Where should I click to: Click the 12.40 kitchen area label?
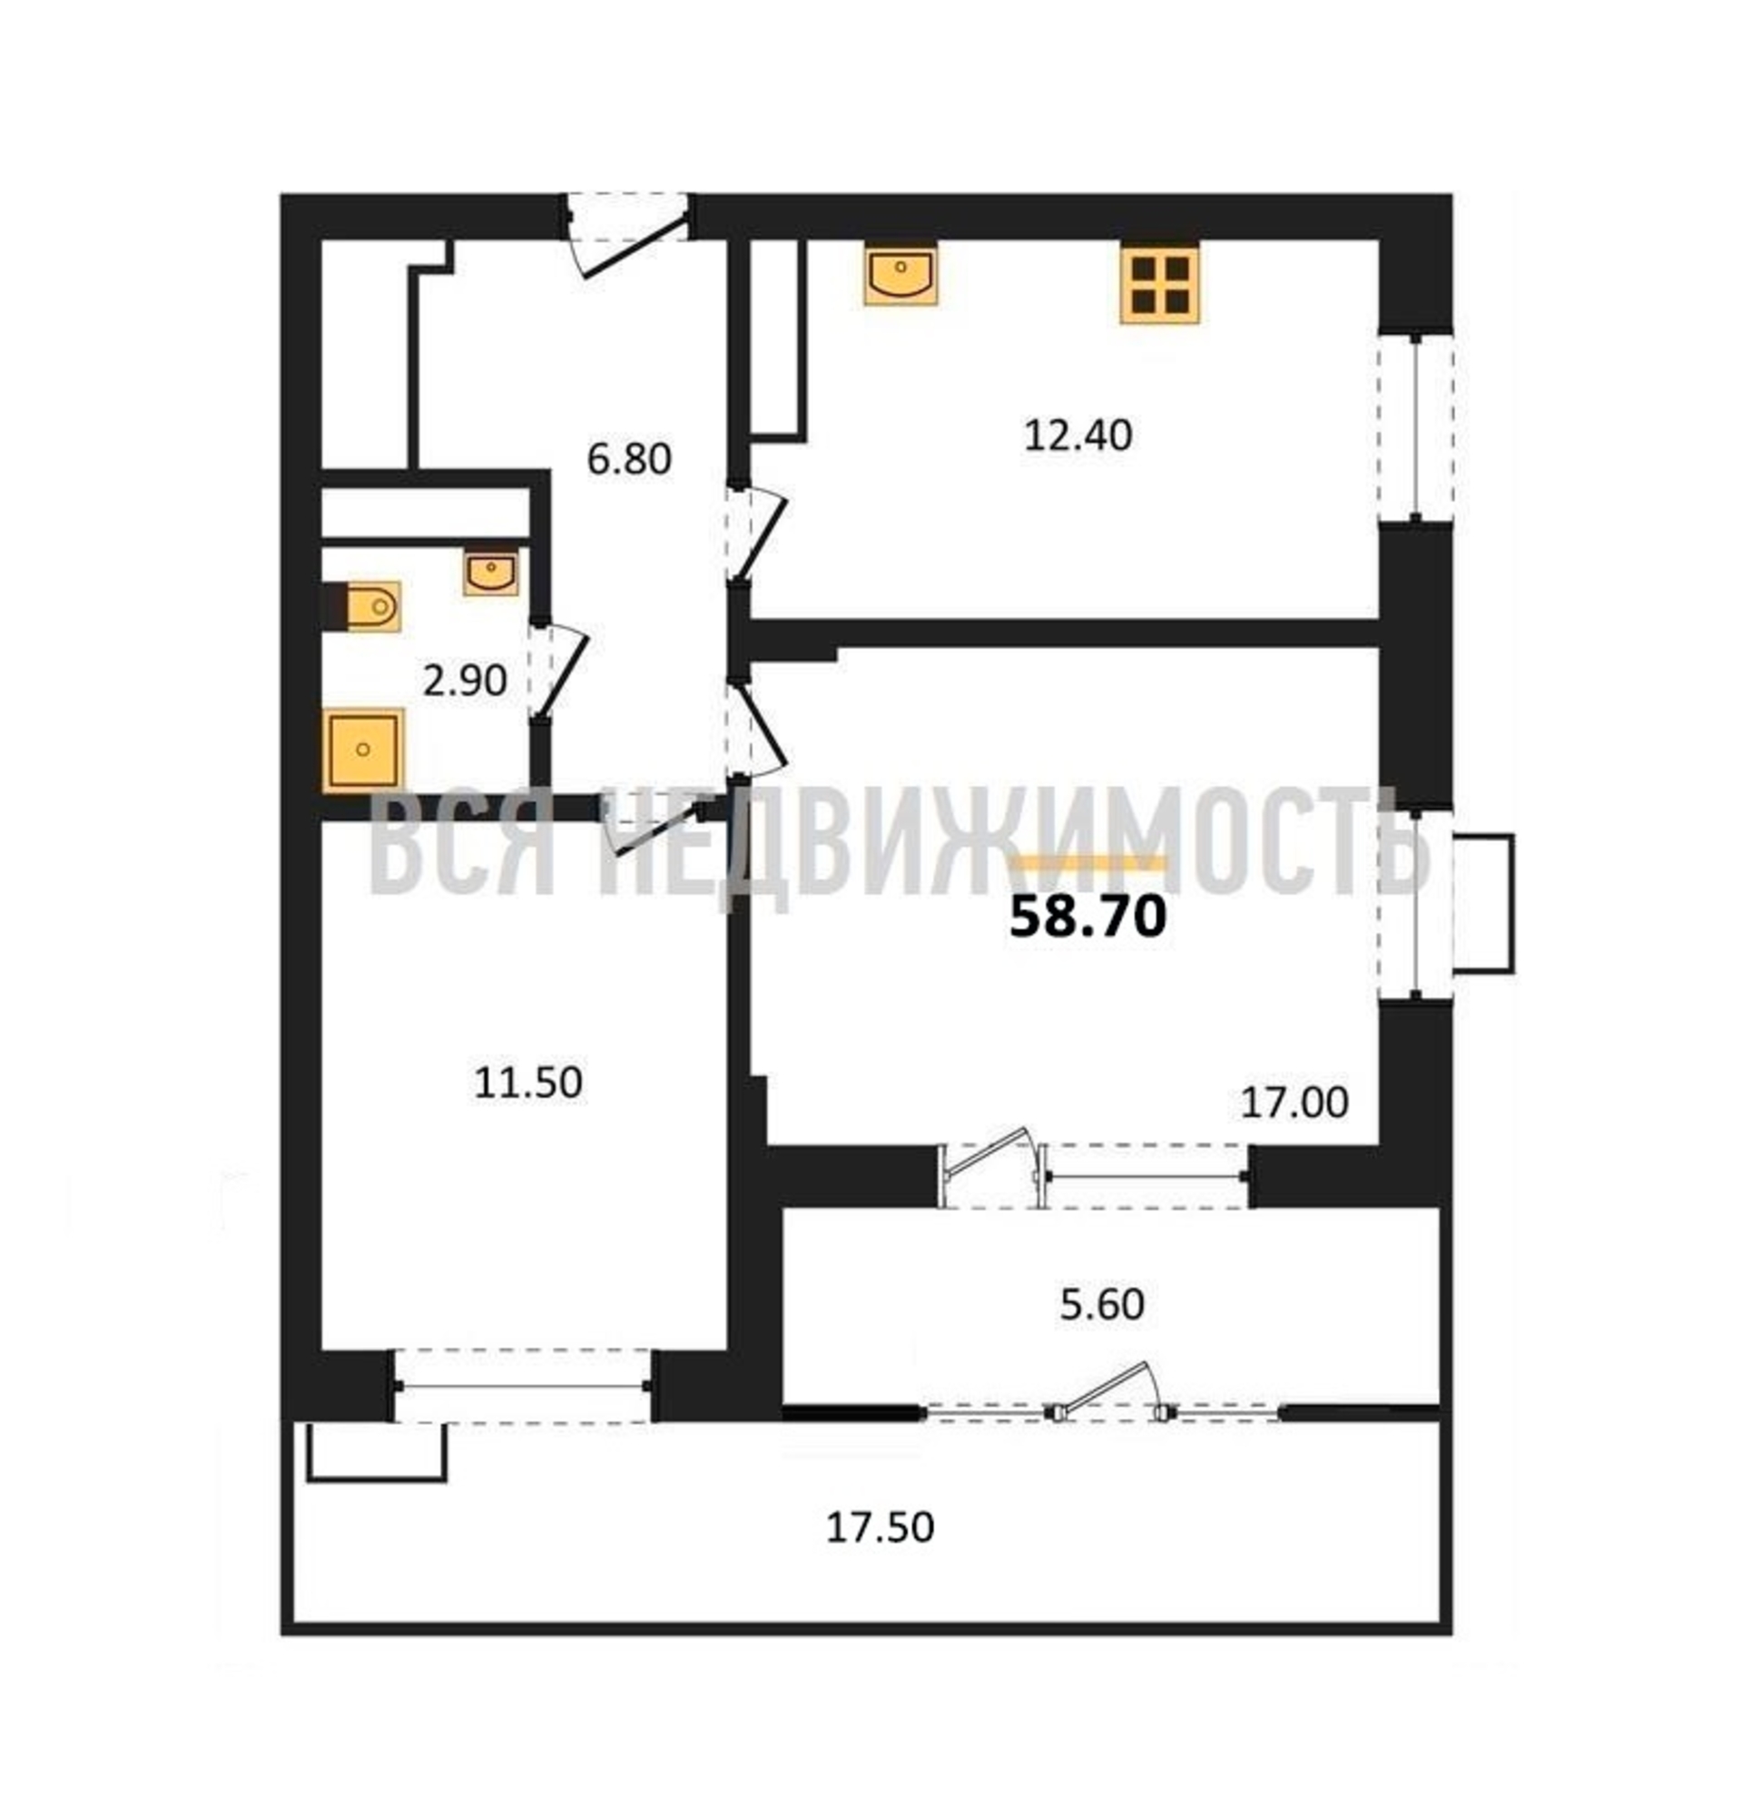pos(1077,436)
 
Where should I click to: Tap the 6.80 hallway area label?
pos(629,459)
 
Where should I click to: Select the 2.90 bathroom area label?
pos(464,682)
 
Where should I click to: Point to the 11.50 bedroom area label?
pos(528,1083)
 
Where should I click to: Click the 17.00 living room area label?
pos(1294,1102)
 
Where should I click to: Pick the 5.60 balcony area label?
pos(1101,1305)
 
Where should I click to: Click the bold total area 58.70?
pos(1088,917)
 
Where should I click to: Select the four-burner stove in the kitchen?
pos(1158,283)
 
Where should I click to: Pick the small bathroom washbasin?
pos(491,572)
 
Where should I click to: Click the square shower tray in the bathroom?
pos(363,751)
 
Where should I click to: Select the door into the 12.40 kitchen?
pos(755,535)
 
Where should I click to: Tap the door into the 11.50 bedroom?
pos(654,824)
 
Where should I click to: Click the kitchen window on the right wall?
pos(1414,427)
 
